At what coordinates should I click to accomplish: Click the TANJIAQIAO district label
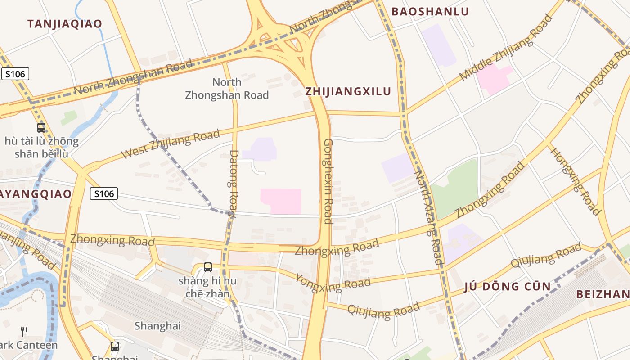tap(65, 24)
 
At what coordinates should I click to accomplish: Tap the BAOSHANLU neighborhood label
tap(430, 12)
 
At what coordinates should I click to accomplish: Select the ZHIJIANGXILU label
tap(348, 91)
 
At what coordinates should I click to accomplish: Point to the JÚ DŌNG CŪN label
tap(507, 286)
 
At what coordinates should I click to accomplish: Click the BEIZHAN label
tap(603, 294)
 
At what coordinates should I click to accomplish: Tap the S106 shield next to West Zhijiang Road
tap(103, 194)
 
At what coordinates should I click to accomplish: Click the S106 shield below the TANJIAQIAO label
tap(15, 74)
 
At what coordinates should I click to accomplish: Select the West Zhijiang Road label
tap(171, 144)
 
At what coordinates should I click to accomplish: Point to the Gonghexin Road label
tap(328, 181)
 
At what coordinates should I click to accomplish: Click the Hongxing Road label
tap(576, 181)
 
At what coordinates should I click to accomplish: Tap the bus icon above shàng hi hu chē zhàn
tap(208, 267)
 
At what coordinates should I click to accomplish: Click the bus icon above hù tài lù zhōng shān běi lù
tap(41, 128)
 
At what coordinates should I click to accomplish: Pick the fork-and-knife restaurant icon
tap(25, 332)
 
